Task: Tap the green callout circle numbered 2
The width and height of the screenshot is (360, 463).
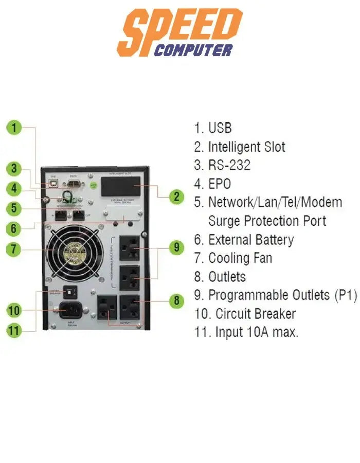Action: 176,196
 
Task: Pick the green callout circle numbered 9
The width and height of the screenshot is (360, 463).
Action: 176,247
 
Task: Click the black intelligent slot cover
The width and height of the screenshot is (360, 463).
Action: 120,186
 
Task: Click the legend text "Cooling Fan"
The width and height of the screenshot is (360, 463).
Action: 240,258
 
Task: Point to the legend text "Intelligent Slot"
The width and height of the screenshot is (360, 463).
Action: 246,147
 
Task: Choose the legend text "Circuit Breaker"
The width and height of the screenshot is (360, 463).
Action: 256,314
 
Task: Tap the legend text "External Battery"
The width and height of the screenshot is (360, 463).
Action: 251,240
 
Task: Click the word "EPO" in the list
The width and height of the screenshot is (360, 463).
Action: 220,184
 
